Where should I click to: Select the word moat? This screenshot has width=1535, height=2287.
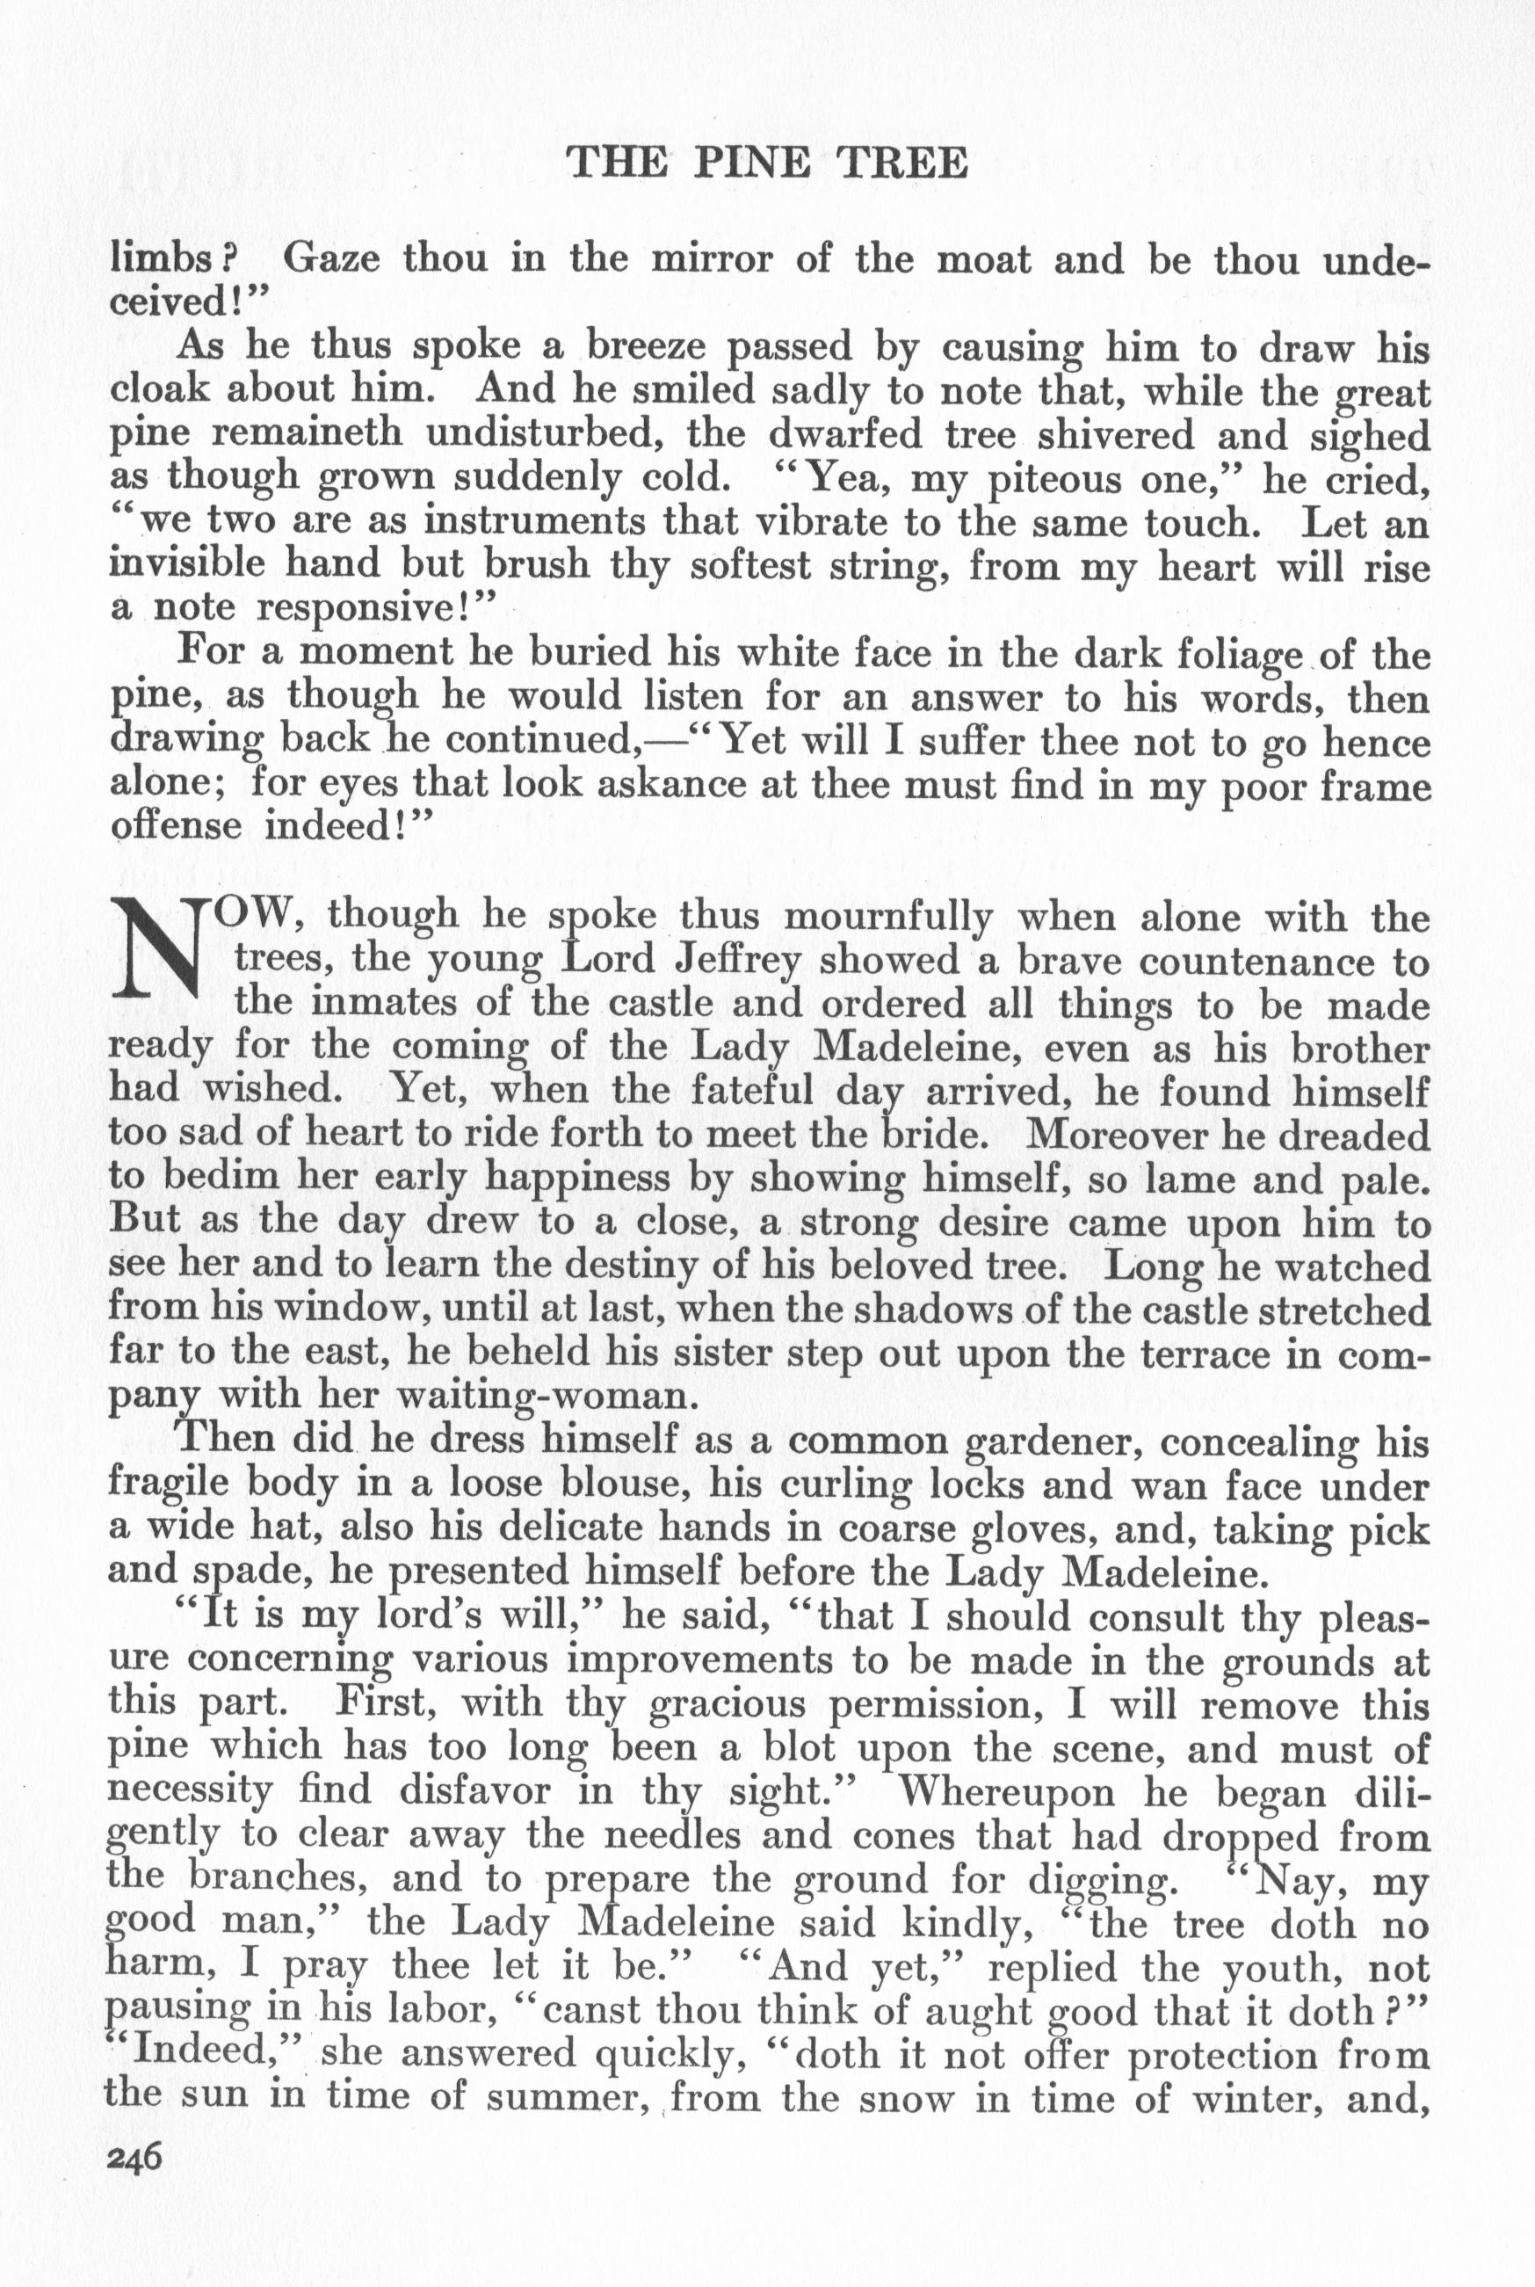(984, 259)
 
